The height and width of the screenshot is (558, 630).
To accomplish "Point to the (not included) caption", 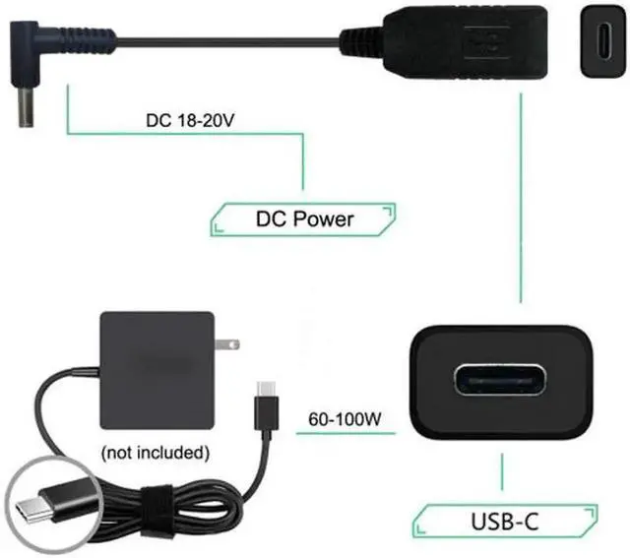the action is coord(156,453).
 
